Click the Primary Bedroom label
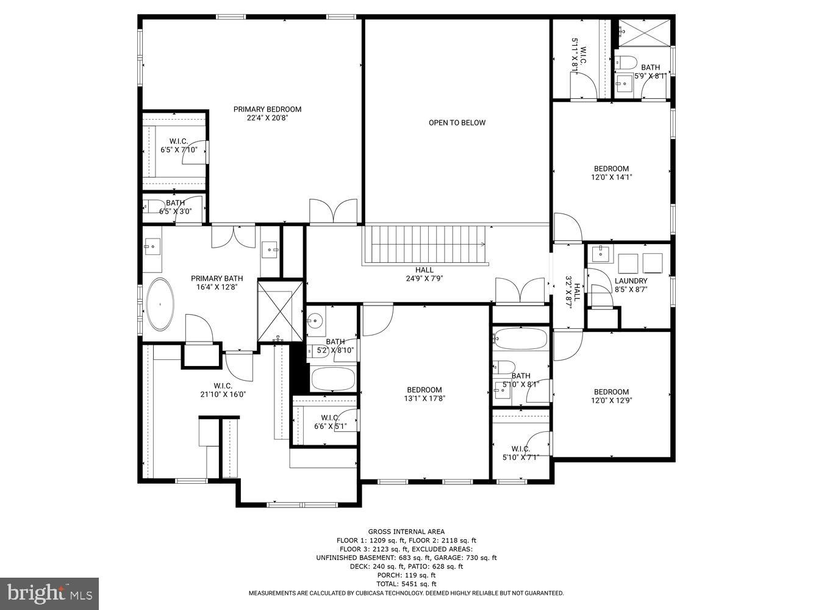pyautogui.click(x=267, y=110)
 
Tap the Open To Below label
pyautogui.click(x=457, y=123)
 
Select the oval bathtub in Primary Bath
pyautogui.click(x=160, y=304)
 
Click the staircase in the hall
pyautogui.click(x=425, y=245)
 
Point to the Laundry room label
pyautogui.click(x=631, y=281)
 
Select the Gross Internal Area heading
pyautogui.click(x=406, y=531)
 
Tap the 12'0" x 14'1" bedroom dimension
pyautogui.click(x=611, y=178)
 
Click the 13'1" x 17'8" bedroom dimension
pyautogui.click(x=424, y=399)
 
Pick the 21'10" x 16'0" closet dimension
pyautogui.click(x=223, y=394)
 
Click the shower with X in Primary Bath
pyautogui.click(x=281, y=311)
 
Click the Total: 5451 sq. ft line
pyautogui.click(x=406, y=584)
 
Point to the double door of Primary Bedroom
pyautogui.click(x=333, y=212)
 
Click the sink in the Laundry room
pyautogui.click(x=600, y=253)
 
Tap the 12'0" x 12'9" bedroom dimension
pyautogui.click(x=611, y=401)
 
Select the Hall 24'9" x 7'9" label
pyautogui.click(x=424, y=274)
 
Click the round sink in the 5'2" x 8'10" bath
pyautogui.click(x=316, y=321)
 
